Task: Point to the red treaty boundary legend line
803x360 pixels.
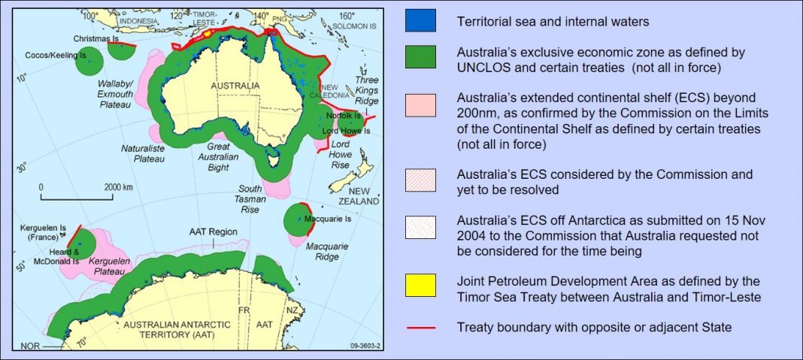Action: pos(421,327)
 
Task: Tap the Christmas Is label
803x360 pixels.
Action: pos(98,38)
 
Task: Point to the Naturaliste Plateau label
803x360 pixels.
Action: pos(144,154)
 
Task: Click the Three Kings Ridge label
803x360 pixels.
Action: pos(367,89)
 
